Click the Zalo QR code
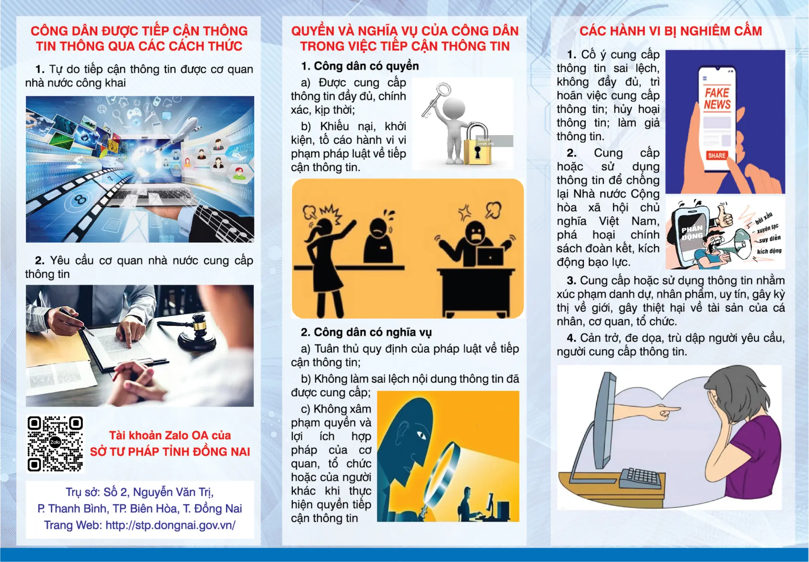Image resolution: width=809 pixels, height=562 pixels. pos(55,443)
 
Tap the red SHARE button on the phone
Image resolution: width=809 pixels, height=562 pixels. pos(717,155)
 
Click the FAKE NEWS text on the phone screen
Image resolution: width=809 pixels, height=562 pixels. pos(717,99)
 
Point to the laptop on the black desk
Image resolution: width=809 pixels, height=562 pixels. pos(490,257)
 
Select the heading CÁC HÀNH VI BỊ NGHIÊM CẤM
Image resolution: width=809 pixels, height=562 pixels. pos(670,31)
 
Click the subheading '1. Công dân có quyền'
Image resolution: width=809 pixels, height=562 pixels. pos(359,66)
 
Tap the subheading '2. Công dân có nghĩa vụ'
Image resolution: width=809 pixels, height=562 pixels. pos(366,332)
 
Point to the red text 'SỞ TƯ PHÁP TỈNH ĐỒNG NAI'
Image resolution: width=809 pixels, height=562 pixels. pos(170,452)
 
